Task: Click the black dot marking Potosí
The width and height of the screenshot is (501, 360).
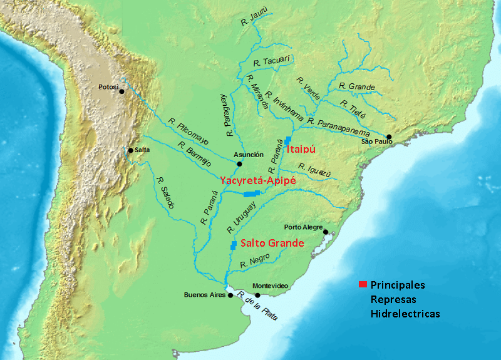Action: [x=121, y=91]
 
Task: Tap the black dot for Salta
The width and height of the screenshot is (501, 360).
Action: [x=130, y=150]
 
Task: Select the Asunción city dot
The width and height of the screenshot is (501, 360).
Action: [x=239, y=164]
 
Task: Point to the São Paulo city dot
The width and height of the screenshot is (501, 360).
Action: [x=389, y=136]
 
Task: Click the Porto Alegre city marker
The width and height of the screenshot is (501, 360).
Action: [x=326, y=232]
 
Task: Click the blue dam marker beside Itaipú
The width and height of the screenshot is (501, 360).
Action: [x=287, y=140]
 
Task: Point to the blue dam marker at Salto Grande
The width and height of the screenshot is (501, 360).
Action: [x=233, y=245]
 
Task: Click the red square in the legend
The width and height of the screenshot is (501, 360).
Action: [x=363, y=285]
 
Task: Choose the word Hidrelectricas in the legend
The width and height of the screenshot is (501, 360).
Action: [x=405, y=313]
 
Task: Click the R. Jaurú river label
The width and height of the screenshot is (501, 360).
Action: [x=254, y=24]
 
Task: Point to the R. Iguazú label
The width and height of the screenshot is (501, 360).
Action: [x=311, y=168]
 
